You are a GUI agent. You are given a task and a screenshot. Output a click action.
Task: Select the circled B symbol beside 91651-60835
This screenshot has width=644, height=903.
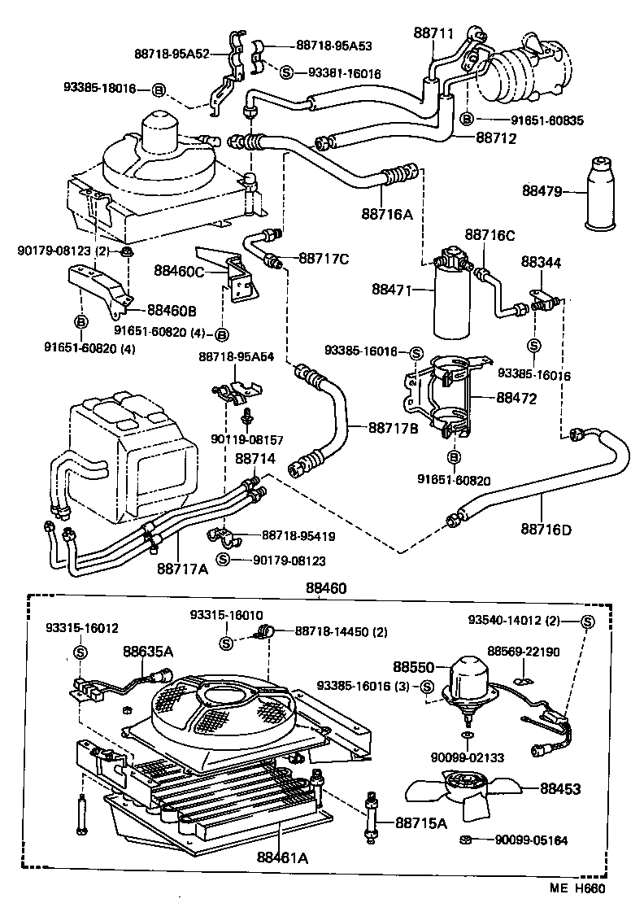click(x=467, y=119)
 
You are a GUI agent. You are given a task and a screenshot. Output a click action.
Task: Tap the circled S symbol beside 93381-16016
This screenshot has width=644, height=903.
click(x=286, y=72)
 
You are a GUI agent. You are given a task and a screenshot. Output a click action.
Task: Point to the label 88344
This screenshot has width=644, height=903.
click(x=541, y=263)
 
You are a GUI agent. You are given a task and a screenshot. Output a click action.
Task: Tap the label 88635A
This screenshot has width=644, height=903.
click(x=148, y=651)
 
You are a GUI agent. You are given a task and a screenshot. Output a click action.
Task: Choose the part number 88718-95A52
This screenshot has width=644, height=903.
click(x=172, y=54)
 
